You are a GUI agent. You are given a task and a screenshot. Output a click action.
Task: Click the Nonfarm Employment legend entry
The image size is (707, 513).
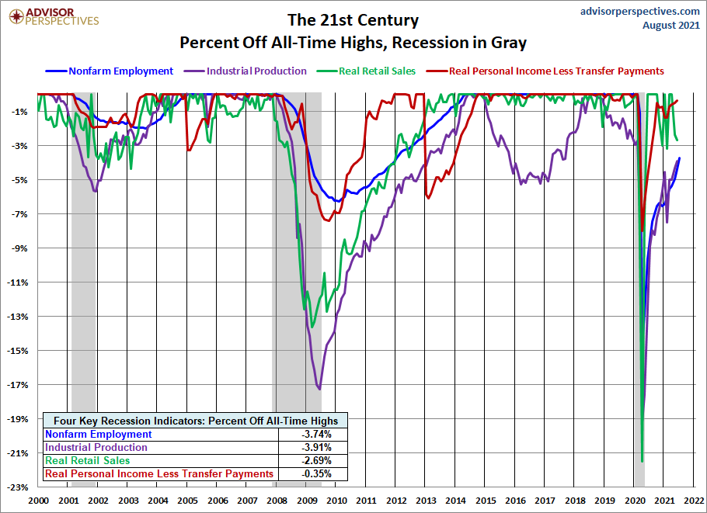coord(110,71)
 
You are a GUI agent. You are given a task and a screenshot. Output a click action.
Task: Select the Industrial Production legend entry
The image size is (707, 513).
coord(246,71)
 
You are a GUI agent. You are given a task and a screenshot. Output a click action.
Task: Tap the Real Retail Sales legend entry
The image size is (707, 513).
coord(366,71)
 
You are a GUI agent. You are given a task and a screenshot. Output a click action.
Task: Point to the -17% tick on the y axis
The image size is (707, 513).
coord(19,385)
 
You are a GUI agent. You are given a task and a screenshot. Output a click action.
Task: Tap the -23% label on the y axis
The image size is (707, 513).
coord(19,487)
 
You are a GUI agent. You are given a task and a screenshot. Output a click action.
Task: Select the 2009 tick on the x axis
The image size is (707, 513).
coord(306,501)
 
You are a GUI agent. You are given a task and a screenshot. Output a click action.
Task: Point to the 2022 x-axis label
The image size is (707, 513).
coord(694,501)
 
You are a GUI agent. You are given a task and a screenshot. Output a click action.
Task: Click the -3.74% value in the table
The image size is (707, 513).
coord(316,434)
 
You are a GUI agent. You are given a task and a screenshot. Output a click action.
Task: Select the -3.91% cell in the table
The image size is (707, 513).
coord(316,447)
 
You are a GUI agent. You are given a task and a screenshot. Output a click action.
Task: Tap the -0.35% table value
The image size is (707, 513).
coord(316,474)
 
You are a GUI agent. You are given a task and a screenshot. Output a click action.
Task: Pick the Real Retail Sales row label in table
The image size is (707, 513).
coord(88,460)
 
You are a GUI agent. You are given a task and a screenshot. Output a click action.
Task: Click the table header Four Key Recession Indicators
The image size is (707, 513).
coord(196,421)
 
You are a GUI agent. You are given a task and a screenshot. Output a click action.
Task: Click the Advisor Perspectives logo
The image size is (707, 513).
coord(54,16)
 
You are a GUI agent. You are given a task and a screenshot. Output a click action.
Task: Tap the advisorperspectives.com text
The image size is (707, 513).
coord(640,11)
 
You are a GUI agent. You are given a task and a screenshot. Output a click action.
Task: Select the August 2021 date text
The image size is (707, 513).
coord(671,25)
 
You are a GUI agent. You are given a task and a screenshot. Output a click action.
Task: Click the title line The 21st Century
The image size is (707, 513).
coord(353,20)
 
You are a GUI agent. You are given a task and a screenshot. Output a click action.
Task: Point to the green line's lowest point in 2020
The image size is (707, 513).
coord(642,461)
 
